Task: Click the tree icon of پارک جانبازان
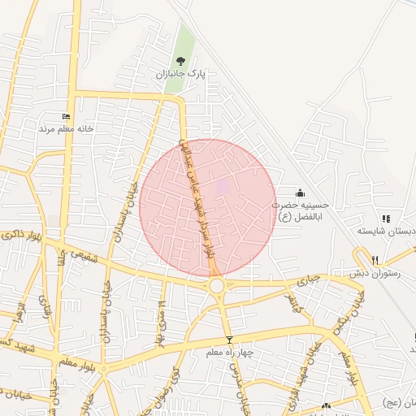[180, 60]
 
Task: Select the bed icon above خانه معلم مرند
[66, 116]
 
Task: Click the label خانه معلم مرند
[67, 128]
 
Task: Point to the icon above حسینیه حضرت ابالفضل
[301, 193]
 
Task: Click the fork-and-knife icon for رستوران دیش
[375, 260]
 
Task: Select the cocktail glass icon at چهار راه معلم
[229, 339]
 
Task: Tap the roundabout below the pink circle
[217, 286]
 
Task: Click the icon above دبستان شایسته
[386, 219]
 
